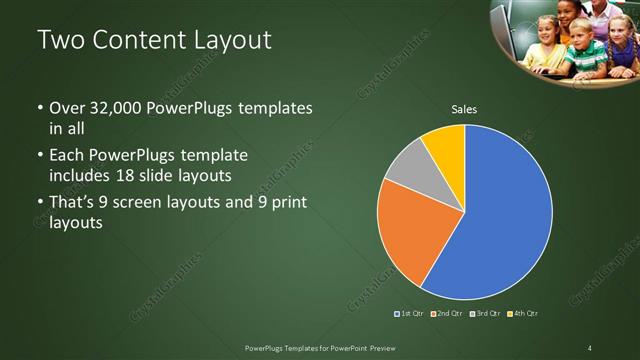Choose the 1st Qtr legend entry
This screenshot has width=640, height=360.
coord(409,314)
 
